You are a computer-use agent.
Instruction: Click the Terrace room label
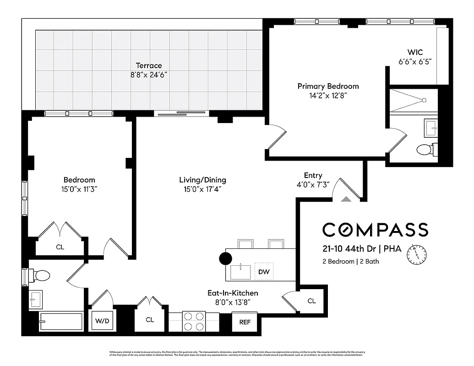coord(148,65)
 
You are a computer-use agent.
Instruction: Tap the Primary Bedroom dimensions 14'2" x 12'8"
coord(328,96)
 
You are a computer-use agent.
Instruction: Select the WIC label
coord(415,52)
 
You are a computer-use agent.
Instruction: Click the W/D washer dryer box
coord(102,321)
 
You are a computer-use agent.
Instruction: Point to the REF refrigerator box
coord(245,322)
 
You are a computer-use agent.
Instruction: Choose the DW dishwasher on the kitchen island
coord(263,272)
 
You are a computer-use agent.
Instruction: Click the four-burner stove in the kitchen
coord(194,321)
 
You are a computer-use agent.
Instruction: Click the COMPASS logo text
coord(375,230)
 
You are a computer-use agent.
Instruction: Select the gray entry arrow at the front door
coord(346,199)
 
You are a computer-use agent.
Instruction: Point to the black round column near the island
coord(226,258)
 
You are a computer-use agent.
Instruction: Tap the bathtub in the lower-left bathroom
coord(61,322)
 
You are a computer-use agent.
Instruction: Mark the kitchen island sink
coord(240,272)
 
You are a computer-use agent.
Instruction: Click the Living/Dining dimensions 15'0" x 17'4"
coord(202,189)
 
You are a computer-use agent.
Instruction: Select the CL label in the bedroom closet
coord(60,247)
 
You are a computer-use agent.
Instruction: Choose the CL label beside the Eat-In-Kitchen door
coord(311,301)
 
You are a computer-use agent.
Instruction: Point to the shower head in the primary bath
coord(425,100)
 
